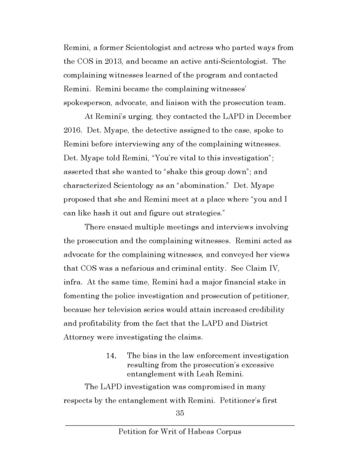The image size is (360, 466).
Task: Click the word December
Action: pyautogui.click(x=271, y=116)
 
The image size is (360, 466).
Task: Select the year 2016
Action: pyautogui.click(x=72, y=130)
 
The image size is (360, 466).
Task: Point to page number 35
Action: pyautogui.click(x=180, y=413)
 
